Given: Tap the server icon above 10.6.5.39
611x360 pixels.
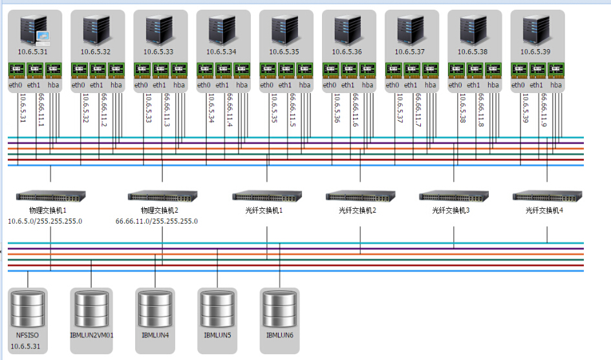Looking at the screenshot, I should coord(537,29).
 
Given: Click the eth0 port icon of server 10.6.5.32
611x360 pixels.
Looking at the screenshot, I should coord(79,69).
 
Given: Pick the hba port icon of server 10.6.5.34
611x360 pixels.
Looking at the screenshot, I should coord(242,69).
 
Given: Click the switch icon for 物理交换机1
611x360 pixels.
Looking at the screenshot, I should coord(50,195).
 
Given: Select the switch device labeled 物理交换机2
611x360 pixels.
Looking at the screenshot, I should coord(162,195).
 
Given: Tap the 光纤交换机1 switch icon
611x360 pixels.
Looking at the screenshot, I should coord(267,195).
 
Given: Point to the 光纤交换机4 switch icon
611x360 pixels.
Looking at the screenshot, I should coord(547,195).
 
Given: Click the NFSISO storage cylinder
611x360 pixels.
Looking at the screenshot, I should coord(28,310).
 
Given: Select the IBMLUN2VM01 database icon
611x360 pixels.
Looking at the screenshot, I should coord(91,310).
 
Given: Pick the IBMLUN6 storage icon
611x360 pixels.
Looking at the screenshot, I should coord(279,310).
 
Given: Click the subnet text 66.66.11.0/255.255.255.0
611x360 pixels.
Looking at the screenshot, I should coord(156,221).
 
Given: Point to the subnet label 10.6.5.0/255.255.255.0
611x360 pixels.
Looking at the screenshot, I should coord(45,221).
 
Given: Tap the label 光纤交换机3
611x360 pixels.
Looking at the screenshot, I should coord(451,210).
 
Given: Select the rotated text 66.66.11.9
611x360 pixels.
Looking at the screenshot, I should coord(544,110).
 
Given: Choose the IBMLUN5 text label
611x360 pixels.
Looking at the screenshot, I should coord(217,335).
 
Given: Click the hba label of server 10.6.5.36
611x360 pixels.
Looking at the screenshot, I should coord(367,85).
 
